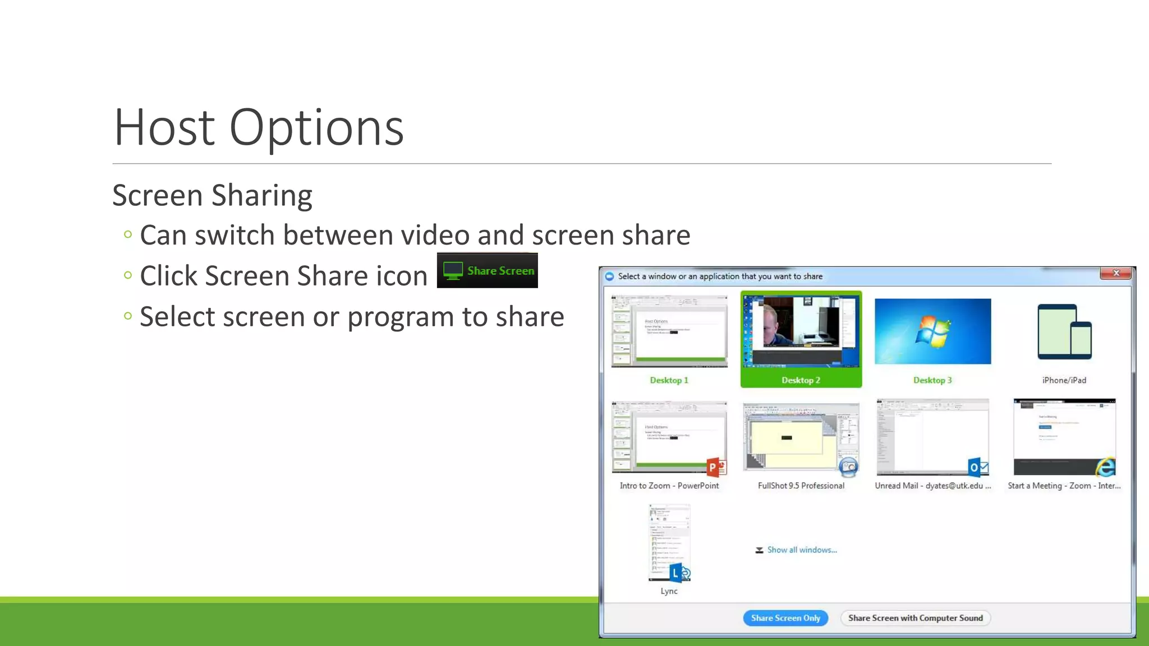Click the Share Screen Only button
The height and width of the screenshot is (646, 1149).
click(785, 618)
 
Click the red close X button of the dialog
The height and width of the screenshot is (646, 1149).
click(1116, 273)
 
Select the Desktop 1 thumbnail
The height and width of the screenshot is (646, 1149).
click(669, 332)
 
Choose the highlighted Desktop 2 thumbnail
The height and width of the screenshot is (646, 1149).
click(801, 332)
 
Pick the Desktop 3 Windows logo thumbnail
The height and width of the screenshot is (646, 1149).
click(932, 331)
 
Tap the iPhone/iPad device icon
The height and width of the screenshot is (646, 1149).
click(1064, 331)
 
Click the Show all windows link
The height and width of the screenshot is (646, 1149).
click(802, 550)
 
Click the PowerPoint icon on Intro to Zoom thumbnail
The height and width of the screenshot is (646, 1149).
click(716, 467)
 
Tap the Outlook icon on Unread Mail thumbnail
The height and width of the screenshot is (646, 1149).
click(978, 467)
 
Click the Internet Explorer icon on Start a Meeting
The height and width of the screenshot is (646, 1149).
click(1106, 467)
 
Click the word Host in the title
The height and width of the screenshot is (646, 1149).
click(164, 128)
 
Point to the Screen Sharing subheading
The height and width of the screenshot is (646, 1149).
click(212, 195)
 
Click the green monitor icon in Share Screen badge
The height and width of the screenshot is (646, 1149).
click(453, 271)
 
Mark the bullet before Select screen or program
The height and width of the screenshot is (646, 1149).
click(128, 316)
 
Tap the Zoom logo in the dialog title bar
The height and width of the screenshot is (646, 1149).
click(609, 276)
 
